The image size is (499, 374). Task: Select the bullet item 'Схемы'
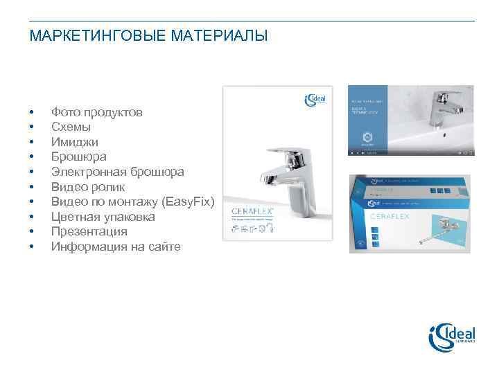pos(70,127)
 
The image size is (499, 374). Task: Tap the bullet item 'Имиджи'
pos(74,142)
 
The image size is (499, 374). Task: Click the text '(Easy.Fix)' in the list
pos(188,202)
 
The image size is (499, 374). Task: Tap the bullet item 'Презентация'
pos(89,231)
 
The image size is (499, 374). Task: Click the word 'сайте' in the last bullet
pos(164,247)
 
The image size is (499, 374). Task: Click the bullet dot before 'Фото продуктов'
pos(32,112)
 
